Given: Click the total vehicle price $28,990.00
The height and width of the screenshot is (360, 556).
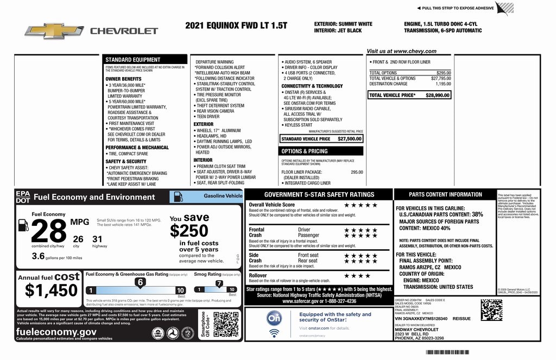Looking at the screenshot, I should pos(438,95).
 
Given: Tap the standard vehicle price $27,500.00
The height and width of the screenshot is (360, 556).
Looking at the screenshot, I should pos(350,139).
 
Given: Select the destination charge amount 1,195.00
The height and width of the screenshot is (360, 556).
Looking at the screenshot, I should pos(443,84).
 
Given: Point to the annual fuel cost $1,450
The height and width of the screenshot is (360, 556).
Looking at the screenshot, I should pos(52,290).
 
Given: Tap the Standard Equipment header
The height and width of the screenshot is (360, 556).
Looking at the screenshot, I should pos(133,60).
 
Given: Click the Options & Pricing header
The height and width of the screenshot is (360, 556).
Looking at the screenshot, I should pos(305,151).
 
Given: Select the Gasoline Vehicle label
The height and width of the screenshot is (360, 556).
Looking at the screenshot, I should pos(223,195).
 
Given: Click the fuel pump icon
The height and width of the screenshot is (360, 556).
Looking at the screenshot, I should pos(23,224).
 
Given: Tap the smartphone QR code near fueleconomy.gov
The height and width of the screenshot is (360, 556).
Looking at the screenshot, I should pos(226,325).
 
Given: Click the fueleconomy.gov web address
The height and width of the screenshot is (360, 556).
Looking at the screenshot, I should pos(56,332).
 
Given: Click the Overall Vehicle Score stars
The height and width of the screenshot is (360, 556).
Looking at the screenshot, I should pos(361,205).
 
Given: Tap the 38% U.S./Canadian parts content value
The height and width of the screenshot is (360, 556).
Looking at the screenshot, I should pos(477,214).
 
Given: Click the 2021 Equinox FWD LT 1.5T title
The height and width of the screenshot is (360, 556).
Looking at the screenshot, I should pos(236,26).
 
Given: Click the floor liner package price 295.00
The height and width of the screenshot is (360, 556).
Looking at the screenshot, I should pos(357,172).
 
